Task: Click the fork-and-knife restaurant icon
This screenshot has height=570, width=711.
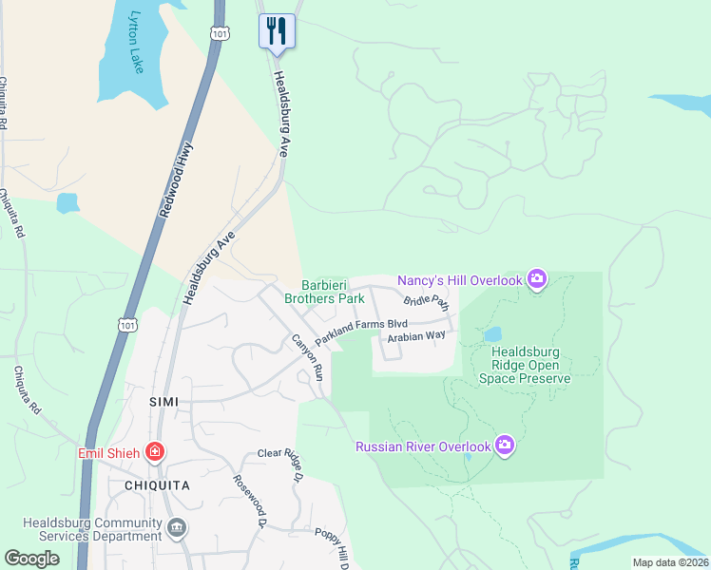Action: pyautogui.click(x=277, y=30)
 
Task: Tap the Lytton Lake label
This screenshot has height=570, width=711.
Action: pyautogui.click(x=137, y=43)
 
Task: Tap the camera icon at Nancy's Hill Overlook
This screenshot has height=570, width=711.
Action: pyautogui.click(x=537, y=279)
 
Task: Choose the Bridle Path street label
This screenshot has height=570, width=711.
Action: pyautogui.click(x=425, y=302)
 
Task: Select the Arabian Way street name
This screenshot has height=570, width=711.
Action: pyautogui.click(x=415, y=335)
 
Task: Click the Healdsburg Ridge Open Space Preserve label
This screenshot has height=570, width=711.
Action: pyautogui.click(x=530, y=365)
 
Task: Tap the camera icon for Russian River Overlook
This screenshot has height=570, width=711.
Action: pyautogui.click(x=505, y=446)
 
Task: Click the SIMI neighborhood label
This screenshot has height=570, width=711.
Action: pyautogui.click(x=164, y=402)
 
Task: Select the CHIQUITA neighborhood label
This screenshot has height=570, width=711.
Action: pyautogui.click(x=156, y=484)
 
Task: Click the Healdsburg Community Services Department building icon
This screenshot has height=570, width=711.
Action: pyautogui.click(x=176, y=527)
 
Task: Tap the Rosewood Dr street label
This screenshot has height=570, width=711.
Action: pyautogui.click(x=247, y=500)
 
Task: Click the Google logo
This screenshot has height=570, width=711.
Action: pyautogui.click(x=32, y=559)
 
